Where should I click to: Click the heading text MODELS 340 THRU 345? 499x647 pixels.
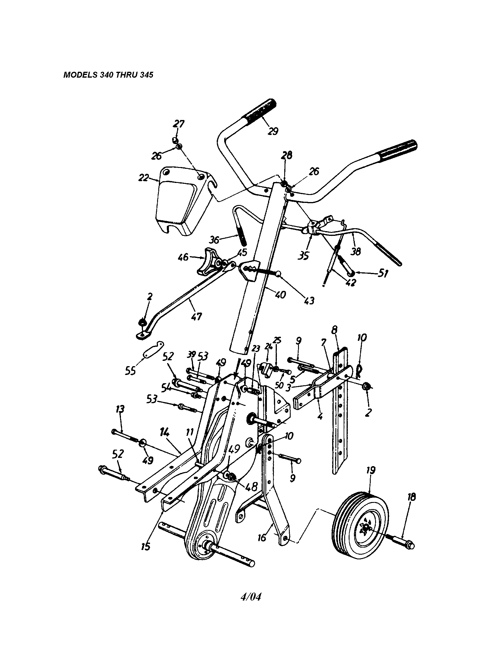pyautogui.click(x=108, y=75)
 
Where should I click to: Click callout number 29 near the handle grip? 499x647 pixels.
pyautogui.click(x=273, y=131)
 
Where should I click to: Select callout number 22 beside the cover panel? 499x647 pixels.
pyautogui.click(x=144, y=178)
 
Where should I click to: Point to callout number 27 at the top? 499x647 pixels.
pyautogui.click(x=179, y=124)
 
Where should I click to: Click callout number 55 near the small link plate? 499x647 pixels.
pyautogui.click(x=130, y=370)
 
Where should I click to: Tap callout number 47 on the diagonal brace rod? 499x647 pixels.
pyautogui.click(x=196, y=316)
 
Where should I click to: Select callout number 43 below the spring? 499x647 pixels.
pyautogui.click(x=308, y=301)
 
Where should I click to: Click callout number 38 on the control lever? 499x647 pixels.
pyautogui.click(x=356, y=251)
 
